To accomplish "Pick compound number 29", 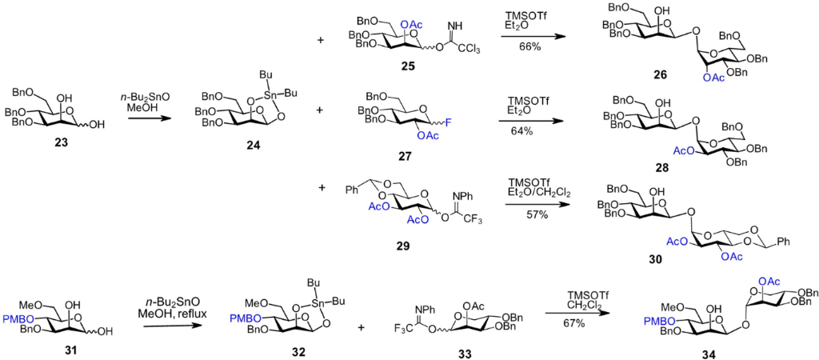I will (x=412, y=245).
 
